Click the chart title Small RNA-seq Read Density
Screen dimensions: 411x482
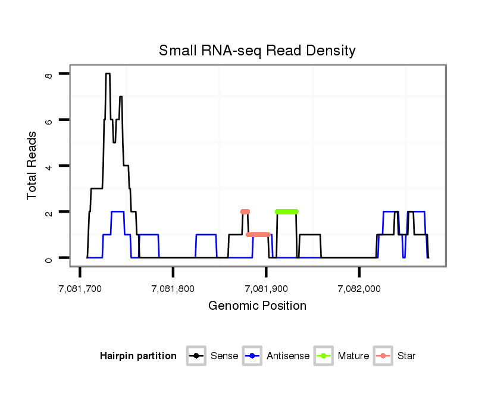(257, 51)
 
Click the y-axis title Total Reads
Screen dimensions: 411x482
(32, 166)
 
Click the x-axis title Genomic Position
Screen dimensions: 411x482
(257, 306)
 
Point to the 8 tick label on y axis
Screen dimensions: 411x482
(49, 74)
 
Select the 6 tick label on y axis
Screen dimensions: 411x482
(49, 120)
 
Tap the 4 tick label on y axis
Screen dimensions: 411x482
(49, 166)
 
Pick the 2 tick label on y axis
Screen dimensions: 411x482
(49, 212)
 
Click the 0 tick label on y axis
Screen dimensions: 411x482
(49, 258)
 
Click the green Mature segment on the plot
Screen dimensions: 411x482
(287, 211)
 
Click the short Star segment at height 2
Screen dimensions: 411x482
(245, 211)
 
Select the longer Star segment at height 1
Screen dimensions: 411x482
(258, 235)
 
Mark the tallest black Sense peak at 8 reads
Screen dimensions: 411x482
(108, 74)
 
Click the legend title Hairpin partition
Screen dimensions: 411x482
(138, 356)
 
